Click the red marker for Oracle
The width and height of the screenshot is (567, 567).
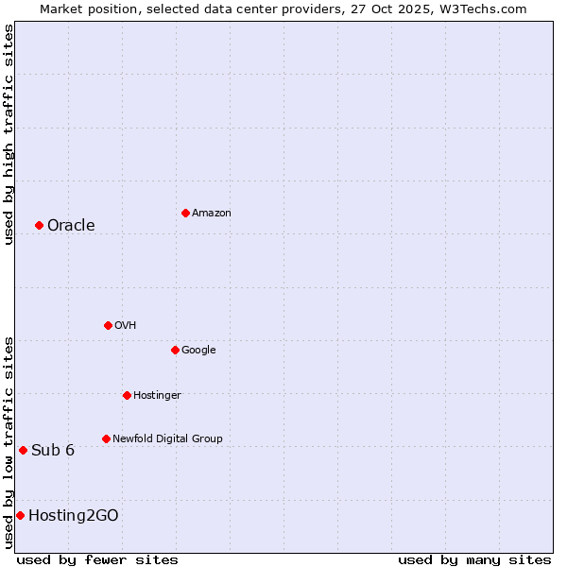tap(39, 225)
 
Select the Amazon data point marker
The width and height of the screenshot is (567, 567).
tap(185, 213)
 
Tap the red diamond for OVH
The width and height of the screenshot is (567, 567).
tap(108, 325)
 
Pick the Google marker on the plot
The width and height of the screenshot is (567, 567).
tap(175, 350)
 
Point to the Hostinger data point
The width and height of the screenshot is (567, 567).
tap(127, 395)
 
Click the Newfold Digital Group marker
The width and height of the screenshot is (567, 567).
tap(106, 438)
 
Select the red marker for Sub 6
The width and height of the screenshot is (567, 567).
tap(23, 450)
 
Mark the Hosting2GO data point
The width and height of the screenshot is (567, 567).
tap(20, 515)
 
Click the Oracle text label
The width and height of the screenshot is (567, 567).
tap(71, 225)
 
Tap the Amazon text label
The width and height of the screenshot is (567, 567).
tap(212, 213)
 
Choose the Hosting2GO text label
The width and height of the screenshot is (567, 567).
tap(74, 515)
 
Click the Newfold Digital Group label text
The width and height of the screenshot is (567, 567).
tap(167, 438)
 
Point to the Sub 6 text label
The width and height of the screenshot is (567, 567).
tap(53, 450)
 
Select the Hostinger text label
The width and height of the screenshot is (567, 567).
tap(157, 395)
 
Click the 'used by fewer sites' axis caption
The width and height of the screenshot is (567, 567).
tap(97, 559)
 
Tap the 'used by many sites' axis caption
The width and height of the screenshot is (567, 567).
tap(474, 559)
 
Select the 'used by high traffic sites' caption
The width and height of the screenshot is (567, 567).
tap(9, 134)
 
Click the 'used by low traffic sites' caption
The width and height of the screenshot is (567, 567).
tap(9, 442)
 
